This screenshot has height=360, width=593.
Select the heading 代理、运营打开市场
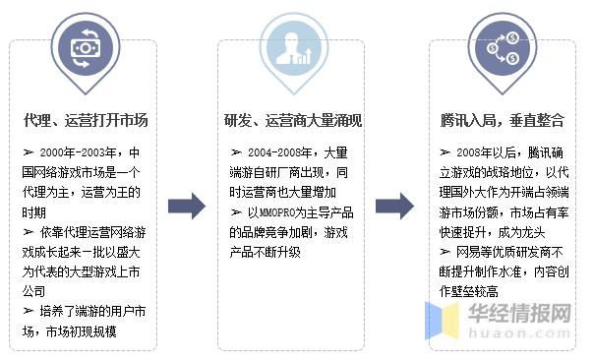pyautogui.click(x=86, y=121)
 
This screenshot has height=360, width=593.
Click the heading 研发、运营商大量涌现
pyautogui.click(x=292, y=121)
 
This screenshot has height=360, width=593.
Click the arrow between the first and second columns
pyautogui.click(x=186, y=206)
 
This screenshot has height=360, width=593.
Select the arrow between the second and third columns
pyautogui.click(x=393, y=206)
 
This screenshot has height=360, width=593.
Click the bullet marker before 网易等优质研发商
pyautogui.click(x=445, y=252)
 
